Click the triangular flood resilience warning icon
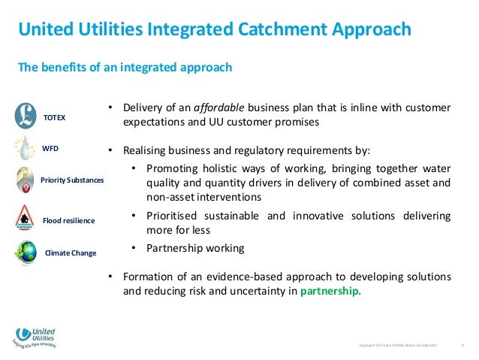(x=26, y=217)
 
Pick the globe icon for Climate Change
(x=26, y=251)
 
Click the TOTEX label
(x=55, y=119)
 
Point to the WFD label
(x=50, y=149)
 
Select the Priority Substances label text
(x=73, y=181)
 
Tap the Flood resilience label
(x=68, y=221)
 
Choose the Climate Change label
(x=71, y=253)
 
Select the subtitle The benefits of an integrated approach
(x=125, y=68)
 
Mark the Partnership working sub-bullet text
(x=195, y=248)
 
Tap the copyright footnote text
(x=398, y=344)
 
